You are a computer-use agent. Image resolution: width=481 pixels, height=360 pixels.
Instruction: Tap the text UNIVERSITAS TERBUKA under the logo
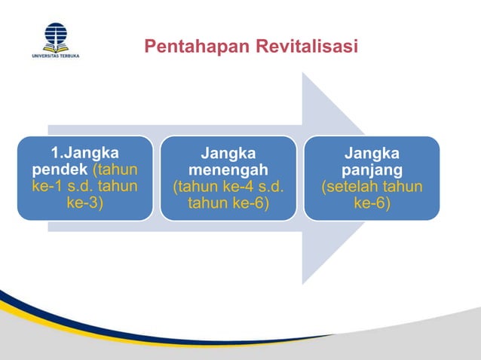[55, 56]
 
